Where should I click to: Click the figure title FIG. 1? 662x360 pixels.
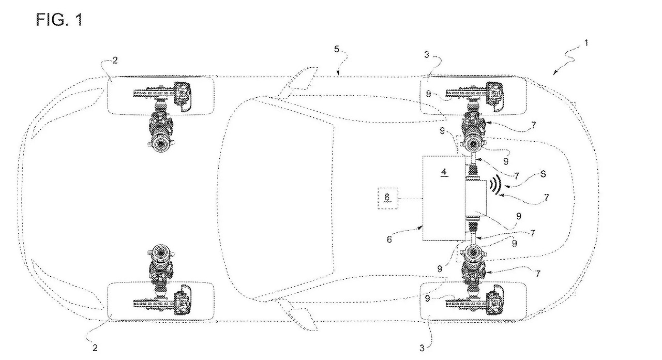[x=59, y=20]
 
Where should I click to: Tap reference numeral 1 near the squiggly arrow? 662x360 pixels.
[x=585, y=43]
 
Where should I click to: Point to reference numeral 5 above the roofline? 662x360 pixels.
[x=337, y=50]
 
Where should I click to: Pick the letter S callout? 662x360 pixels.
[x=542, y=176]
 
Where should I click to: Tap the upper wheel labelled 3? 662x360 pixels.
[x=475, y=95]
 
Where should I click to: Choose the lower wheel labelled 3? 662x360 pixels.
[x=475, y=301]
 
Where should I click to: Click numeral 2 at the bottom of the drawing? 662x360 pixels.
[x=95, y=348]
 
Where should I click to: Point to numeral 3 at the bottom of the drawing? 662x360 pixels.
[x=422, y=349]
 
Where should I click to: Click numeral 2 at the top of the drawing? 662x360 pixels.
[x=114, y=61]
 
